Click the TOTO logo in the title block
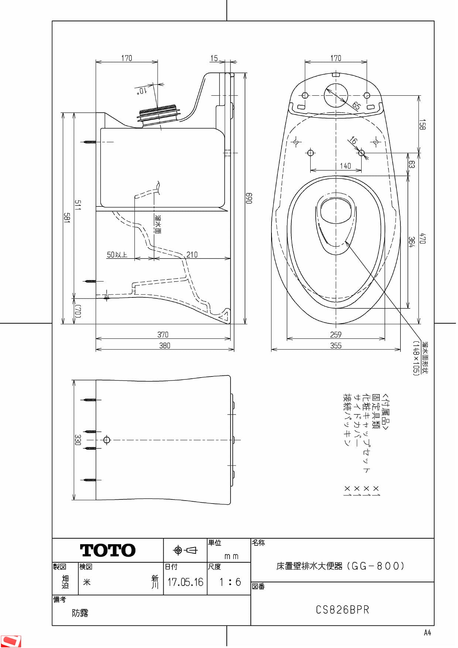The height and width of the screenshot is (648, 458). point(108,550)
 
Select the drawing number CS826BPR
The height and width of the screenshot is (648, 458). point(342,610)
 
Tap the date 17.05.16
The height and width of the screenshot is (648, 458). point(185,582)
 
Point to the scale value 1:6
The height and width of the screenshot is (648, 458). point(230,582)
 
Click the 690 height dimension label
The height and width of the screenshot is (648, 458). point(249,198)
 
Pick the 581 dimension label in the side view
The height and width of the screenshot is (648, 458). point(66,218)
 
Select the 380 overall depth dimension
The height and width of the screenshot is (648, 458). point(165,345)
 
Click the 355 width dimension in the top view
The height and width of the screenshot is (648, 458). point(336,345)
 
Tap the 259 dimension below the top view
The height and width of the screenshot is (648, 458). point(336,335)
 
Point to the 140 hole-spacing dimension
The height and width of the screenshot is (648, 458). point(345,166)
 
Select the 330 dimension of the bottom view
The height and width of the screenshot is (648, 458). point(78,440)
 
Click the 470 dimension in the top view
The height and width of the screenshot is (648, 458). point(423,238)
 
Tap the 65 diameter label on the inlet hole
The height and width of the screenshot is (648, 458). point(356,106)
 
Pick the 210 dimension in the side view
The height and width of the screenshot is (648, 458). point(192,255)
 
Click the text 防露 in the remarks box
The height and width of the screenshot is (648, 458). point(80,613)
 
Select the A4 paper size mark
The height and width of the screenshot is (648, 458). point(427,633)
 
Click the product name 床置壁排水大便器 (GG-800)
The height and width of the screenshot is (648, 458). point(340,566)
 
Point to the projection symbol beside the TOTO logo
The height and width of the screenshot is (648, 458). point(185,550)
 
